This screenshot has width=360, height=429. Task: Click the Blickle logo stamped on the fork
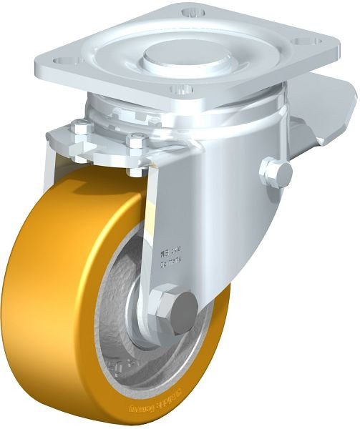[170, 251]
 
